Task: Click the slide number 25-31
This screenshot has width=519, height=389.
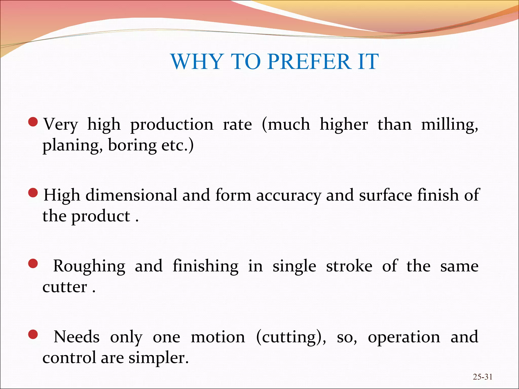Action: (483, 377)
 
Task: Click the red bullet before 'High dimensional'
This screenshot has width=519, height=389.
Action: (33, 193)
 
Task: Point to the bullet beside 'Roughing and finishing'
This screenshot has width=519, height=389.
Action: (33, 264)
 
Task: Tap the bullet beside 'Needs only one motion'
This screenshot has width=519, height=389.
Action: (33, 335)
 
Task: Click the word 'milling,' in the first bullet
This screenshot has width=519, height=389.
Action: (450, 125)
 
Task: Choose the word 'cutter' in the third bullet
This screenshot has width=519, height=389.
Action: (65, 287)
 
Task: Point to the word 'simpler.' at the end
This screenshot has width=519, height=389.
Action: (159, 358)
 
